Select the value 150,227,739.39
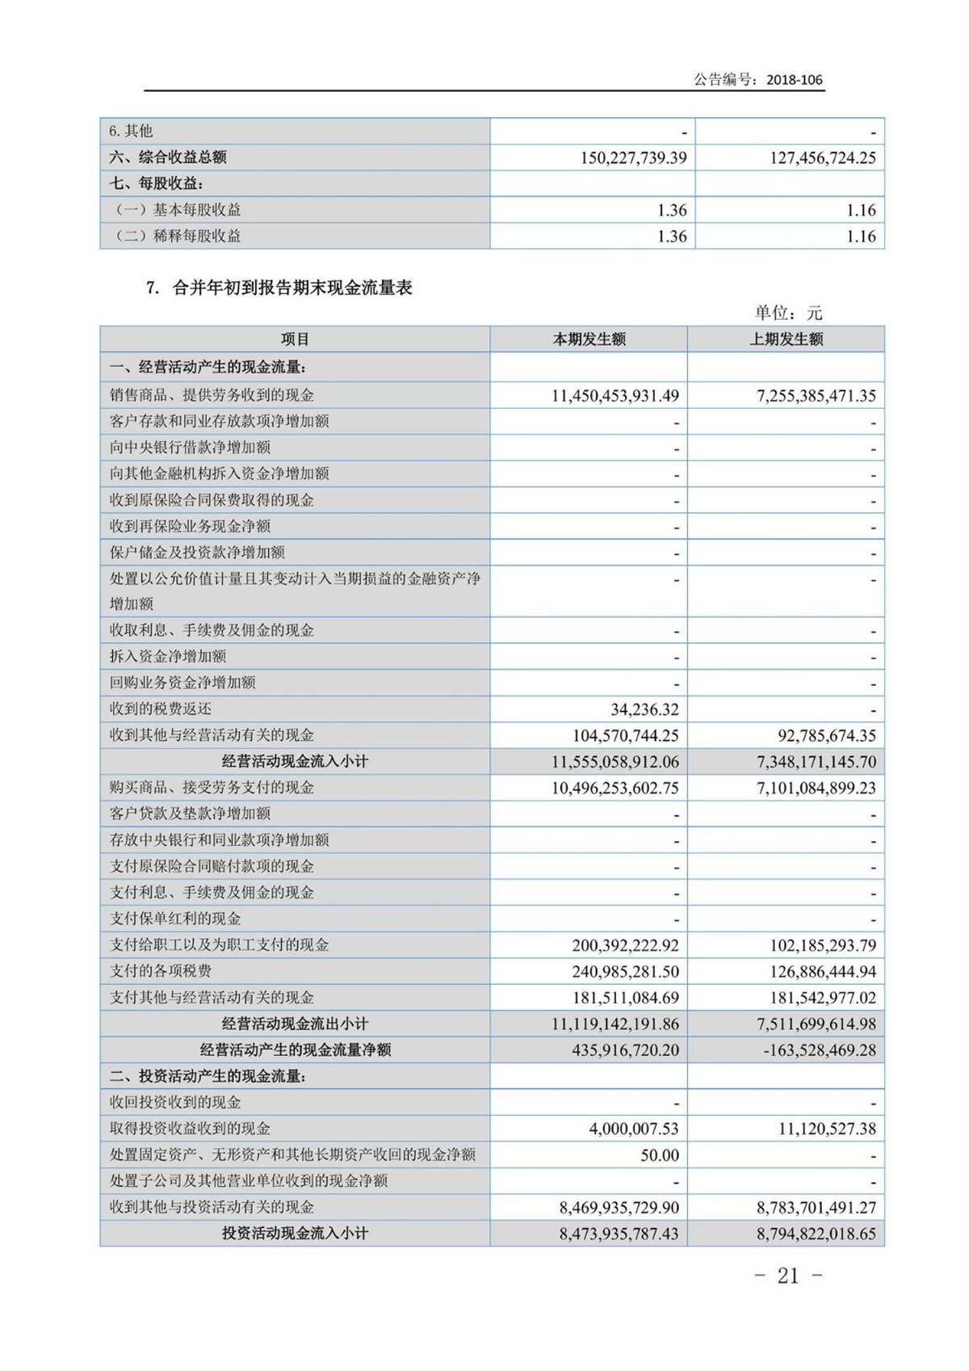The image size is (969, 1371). point(633,158)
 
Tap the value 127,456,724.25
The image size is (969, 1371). point(822,158)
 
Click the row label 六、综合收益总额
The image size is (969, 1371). point(168,158)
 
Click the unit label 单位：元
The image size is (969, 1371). point(787,313)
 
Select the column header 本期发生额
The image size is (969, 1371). point(589,339)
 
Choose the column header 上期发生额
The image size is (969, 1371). point(786,339)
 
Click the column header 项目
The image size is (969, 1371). point(295,339)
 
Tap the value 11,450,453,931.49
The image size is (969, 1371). point(615,396)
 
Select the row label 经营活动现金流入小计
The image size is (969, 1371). point(295,761)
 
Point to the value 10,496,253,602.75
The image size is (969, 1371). point(615,788)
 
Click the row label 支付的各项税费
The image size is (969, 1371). point(161,971)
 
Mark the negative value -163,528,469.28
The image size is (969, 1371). point(819,1050)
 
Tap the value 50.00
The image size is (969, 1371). point(660,1155)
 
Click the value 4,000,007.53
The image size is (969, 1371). point(634,1129)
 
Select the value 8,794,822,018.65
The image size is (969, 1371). point(816,1234)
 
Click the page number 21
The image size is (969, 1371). point(788,1276)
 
